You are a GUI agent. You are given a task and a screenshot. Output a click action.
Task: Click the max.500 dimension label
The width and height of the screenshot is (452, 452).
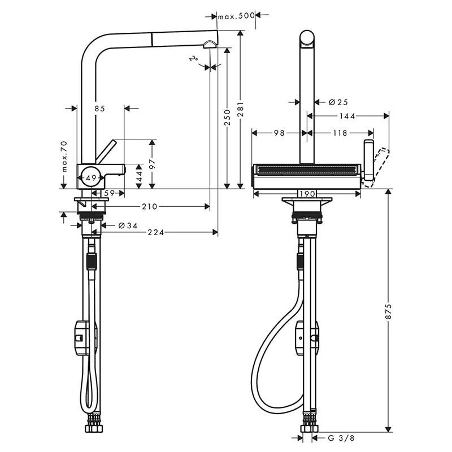pos(237,16)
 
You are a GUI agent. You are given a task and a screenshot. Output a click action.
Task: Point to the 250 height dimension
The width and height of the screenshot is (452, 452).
pos(227,117)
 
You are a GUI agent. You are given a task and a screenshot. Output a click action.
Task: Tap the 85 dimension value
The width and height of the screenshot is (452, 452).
pos(99,108)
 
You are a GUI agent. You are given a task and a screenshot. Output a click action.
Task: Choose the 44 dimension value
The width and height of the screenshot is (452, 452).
pos(139,177)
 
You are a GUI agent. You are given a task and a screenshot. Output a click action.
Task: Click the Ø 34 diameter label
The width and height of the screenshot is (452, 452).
pos(128,226)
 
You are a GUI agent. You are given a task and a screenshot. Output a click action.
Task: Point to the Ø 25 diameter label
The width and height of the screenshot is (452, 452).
pos(338,102)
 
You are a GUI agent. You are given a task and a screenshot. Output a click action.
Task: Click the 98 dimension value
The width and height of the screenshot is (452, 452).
pos(279,133)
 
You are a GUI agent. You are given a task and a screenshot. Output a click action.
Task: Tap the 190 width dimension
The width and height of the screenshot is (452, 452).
pos(306,194)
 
